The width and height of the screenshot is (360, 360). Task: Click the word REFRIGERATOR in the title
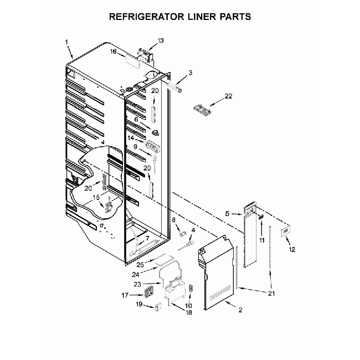[146, 17]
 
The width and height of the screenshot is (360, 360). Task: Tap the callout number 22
[228, 96]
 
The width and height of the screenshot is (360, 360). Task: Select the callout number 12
[292, 249]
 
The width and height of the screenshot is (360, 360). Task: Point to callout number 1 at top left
[66, 42]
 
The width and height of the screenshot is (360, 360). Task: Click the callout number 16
[114, 52]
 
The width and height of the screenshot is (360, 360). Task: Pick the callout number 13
[161, 40]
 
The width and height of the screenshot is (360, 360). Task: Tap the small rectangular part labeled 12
[285, 231]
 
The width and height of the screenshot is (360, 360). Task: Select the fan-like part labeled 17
[148, 294]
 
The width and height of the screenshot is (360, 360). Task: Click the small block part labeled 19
[157, 307]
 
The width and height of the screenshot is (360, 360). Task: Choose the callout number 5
[227, 214]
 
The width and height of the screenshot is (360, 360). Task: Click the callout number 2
[240, 310]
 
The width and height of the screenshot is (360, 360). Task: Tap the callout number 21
[271, 293]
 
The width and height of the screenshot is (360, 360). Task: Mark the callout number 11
[262, 240]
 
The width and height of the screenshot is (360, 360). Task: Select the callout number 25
[140, 265]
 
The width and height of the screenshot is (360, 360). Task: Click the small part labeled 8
[182, 234]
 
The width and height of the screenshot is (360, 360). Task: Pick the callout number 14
[131, 138]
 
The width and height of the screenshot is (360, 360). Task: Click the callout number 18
[188, 313]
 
